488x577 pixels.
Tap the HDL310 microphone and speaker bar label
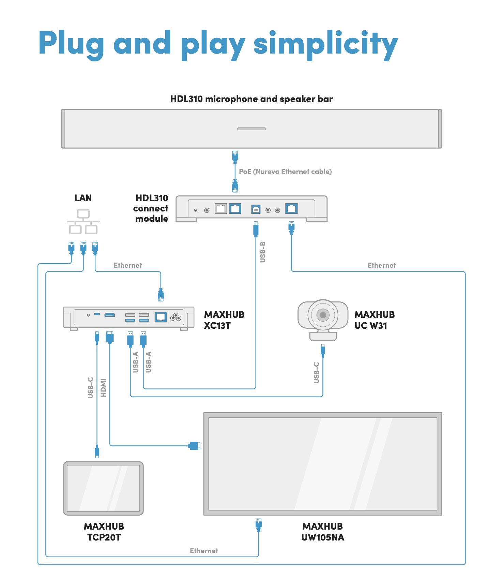pyautogui.click(x=251, y=99)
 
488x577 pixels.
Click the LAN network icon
pyautogui.click(x=83, y=222)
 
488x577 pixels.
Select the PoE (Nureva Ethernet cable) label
pyautogui.click(x=285, y=172)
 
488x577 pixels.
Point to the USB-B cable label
pyautogui.click(x=263, y=252)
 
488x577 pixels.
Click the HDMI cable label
pyautogui.click(x=103, y=387)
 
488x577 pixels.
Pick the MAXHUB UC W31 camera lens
pyautogui.click(x=323, y=315)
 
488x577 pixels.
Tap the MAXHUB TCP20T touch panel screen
pyautogui.click(x=103, y=488)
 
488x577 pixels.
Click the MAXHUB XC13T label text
pyautogui.click(x=224, y=320)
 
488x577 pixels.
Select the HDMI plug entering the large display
pyautogui.click(x=194, y=445)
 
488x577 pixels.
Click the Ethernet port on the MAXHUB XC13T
pyautogui.click(x=161, y=317)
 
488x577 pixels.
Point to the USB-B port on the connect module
pyautogui.click(x=256, y=209)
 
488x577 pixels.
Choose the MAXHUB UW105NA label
pyautogui.click(x=323, y=532)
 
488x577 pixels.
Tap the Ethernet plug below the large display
pyautogui.click(x=259, y=525)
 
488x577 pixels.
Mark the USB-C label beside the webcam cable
pyautogui.click(x=316, y=372)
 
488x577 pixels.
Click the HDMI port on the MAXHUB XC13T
pyautogui.click(x=110, y=315)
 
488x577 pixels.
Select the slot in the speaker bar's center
pyautogui.click(x=251, y=129)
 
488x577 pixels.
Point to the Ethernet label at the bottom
pyautogui.click(x=204, y=550)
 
